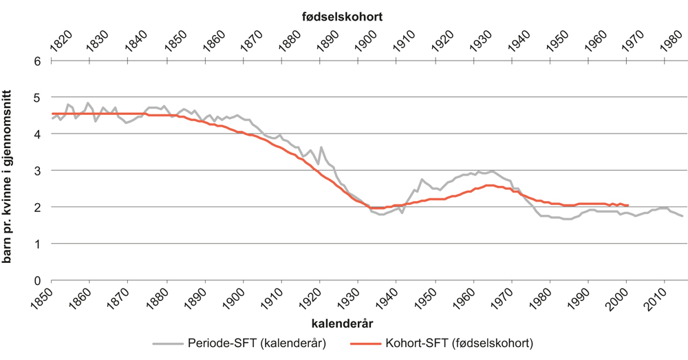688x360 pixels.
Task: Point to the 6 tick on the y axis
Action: [x=38, y=61]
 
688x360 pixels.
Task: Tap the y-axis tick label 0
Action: [x=38, y=280]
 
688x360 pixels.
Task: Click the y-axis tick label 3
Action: [x=38, y=170]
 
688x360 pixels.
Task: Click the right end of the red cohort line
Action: [x=627, y=205]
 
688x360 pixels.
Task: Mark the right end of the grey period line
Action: [x=682, y=216]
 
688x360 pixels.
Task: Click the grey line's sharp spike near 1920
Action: [x=321, y=147]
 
